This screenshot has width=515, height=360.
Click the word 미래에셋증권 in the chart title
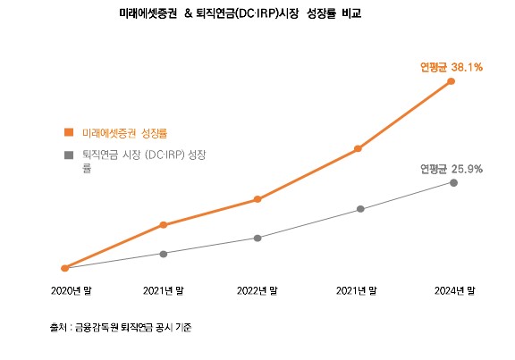tap(148, 16)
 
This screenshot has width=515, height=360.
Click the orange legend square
tap(68, 132)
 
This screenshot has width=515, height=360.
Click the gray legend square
tap(68, 155)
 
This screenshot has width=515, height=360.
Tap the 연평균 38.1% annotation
tap(452, 67)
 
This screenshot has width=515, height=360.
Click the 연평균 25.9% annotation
tap(452, 168)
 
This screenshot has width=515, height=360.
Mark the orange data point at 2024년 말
tap(452, 81)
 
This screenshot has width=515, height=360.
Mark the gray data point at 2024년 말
tap(454, 182)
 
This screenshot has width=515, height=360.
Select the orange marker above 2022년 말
tap(257, 199)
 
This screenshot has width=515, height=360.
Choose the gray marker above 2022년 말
tap(257, 238)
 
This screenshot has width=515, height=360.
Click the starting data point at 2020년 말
tap(64, 267)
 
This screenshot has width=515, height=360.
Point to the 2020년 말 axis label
tap(71, 290)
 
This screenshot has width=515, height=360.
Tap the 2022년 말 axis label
tap(257, 290)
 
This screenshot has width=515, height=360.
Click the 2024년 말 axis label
tap(453, 290)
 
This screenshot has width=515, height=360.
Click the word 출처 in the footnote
tap(57, 328)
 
